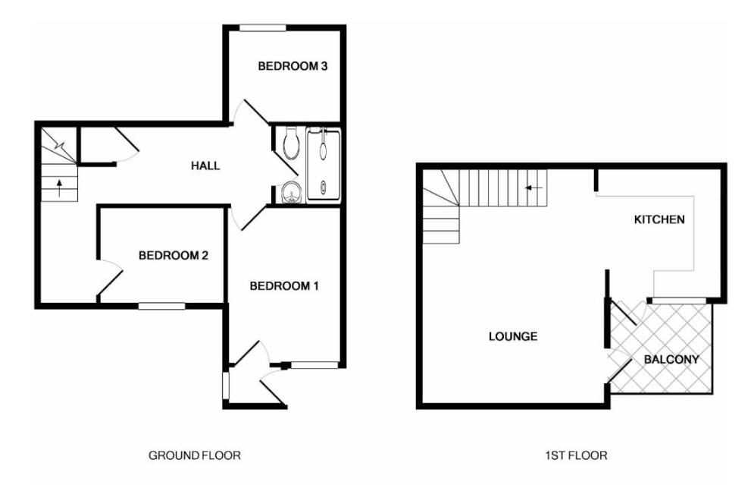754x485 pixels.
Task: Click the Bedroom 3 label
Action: (293, 66)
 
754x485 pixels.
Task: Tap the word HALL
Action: (205, 166)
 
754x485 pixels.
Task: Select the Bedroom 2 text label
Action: (173, 255)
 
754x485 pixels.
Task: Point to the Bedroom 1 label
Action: (283, 287)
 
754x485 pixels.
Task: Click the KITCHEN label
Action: (659, 219)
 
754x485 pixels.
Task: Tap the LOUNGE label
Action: (512, 336)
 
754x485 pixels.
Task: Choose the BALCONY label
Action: (671, 359)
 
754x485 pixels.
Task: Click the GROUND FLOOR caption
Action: (194, 455)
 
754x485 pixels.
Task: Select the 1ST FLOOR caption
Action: (576, 455)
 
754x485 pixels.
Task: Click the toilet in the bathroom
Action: (292, 143)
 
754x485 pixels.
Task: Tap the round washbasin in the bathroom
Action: (290, 193)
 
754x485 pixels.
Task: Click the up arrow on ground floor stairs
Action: (59, 188)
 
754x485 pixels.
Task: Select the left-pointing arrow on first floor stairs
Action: (533, 187)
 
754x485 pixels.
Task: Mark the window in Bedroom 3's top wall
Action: (262, 28)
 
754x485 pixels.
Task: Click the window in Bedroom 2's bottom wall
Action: (162, 305)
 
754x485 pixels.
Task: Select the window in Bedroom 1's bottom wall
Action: (314, 366)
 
